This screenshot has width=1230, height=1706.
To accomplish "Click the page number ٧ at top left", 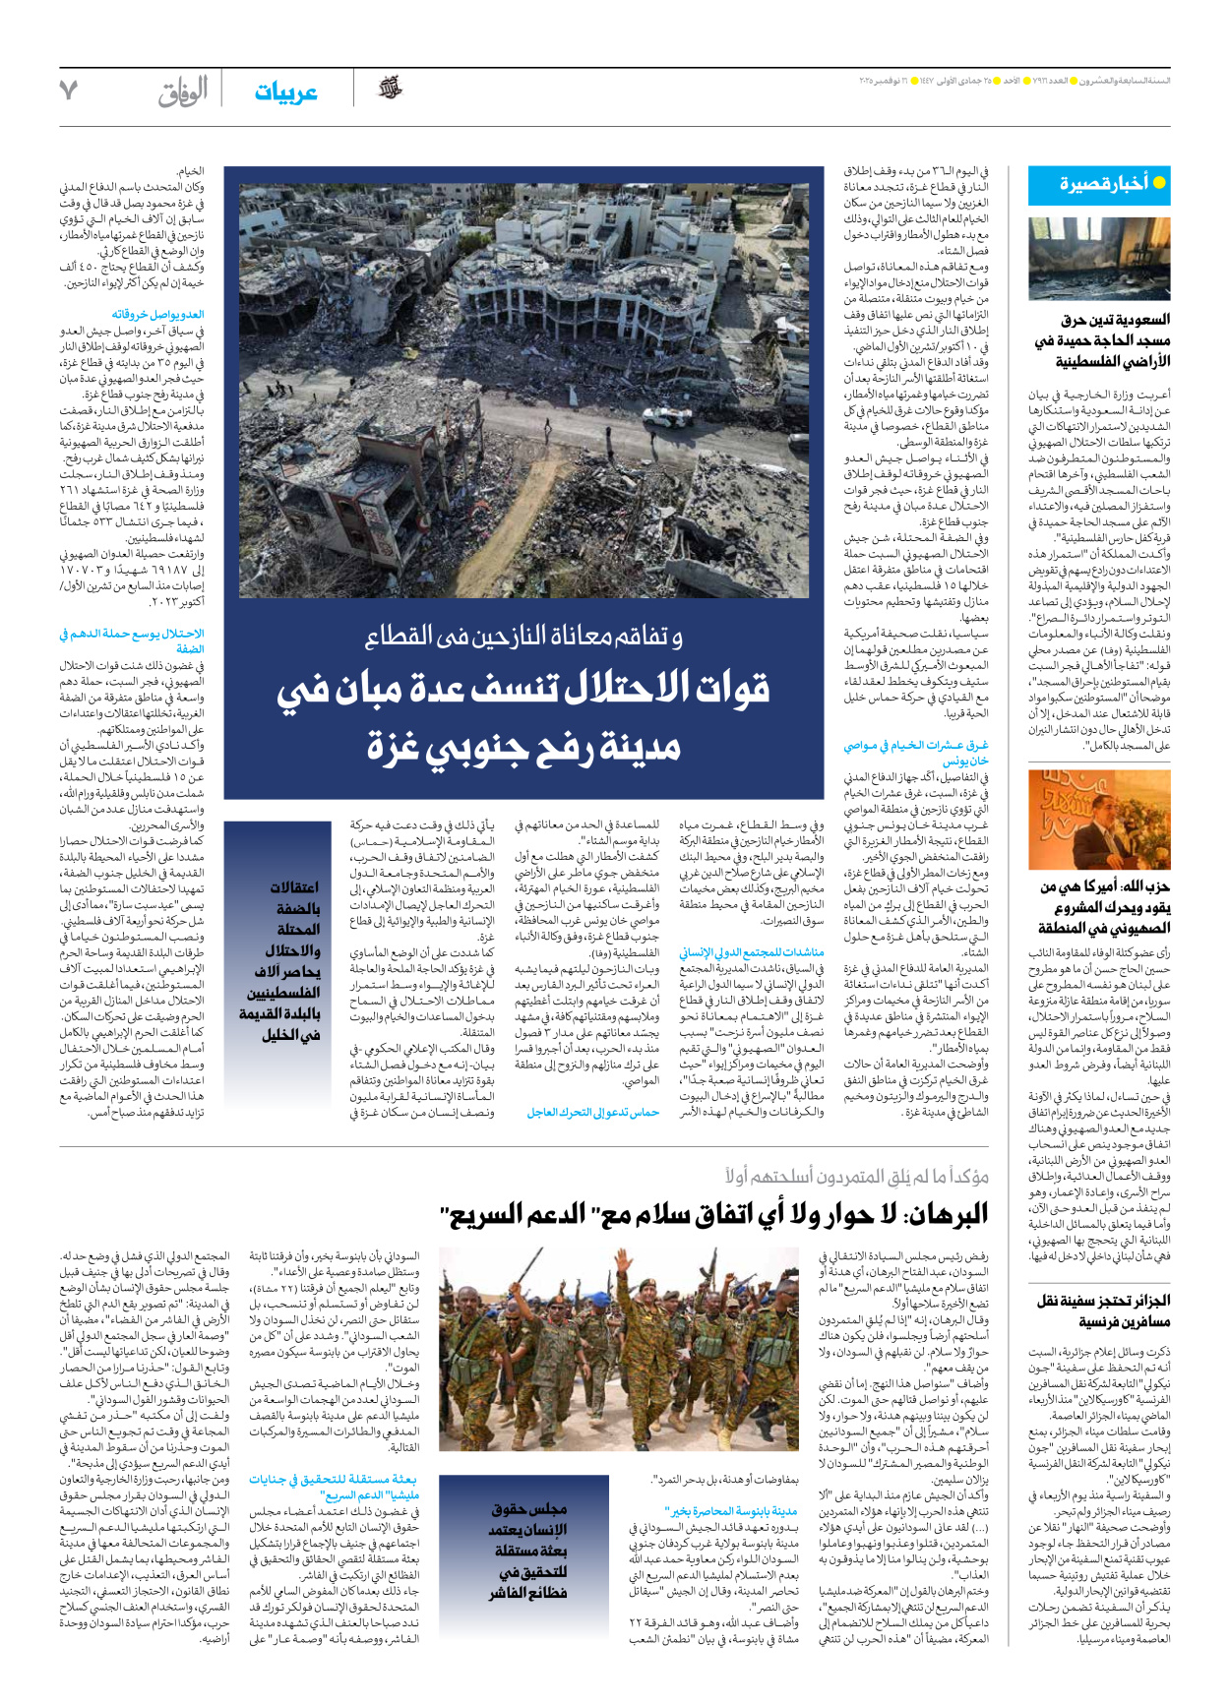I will point(68,91).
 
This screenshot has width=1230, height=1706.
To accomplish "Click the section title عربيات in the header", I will point(285,92).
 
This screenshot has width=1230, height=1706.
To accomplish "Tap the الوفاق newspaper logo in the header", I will point(183,91).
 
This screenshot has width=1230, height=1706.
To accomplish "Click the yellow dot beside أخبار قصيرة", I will point(1159,183).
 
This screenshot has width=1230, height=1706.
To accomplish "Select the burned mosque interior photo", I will point(1099,259).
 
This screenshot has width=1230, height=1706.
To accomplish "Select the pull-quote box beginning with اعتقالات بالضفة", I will point(278,960).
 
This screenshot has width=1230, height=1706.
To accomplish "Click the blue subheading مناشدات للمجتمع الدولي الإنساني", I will point(752,952).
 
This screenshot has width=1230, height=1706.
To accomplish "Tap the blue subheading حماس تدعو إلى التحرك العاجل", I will point(592,1113).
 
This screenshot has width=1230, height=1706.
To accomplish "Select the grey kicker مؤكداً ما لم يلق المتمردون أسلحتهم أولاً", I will point(856,1176).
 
